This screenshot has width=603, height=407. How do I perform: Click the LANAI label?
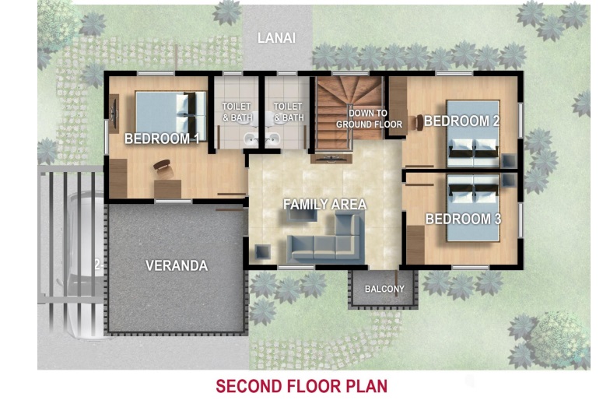pos(276,38)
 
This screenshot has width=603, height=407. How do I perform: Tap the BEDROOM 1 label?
pos(162,139)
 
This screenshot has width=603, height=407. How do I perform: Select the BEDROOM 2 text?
pos(462,121)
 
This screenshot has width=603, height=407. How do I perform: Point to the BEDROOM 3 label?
pos(464,219)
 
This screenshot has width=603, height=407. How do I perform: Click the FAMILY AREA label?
pos(325,204)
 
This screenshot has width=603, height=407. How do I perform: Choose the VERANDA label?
pos(177,265)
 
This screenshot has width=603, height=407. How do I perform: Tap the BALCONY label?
pos(384,289)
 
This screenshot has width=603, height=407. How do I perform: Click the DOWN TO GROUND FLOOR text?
pos(369,118)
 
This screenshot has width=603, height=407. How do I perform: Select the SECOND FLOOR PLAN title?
pos(302,386)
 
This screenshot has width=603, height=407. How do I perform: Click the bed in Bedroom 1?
pos(170,116)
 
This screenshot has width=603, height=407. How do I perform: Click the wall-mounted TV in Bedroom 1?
pos(114,114)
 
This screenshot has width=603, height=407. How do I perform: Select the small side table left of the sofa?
pos(263,251)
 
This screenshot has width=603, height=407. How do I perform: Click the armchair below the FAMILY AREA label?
pos(303,214)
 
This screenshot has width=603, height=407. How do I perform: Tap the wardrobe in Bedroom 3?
pos(415,244)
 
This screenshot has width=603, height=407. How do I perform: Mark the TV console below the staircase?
pos(331,158)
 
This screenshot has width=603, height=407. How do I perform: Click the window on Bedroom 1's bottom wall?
pos(174,202)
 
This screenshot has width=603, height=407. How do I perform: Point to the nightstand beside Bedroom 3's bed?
pos(509,180)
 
